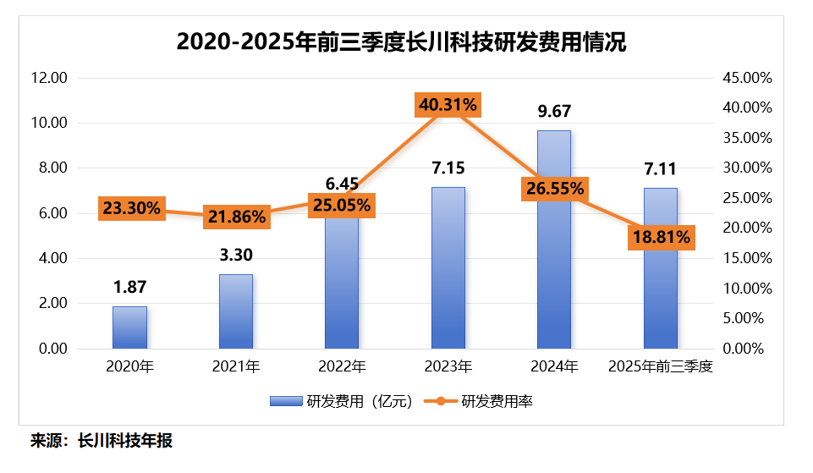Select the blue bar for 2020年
click(x=129, y=327)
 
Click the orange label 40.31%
click(x=448, y=106)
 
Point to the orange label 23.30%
click(x=131, y=208)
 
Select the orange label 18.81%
click(x=660, y=238)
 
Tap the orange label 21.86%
click(x=236, y=217)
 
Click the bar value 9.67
click(x=554, y=111)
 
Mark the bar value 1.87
click(x=129, y=288)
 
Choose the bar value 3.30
click(x=236, y=255)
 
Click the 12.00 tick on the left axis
click(x=49, y=78)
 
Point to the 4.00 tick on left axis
click(x=52, y=258)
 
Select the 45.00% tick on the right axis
click(x=747, y=78)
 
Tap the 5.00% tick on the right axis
click(x=750, y=318)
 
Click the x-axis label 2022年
click(x=342, y=367)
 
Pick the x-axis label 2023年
click(x=448, y=367)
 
